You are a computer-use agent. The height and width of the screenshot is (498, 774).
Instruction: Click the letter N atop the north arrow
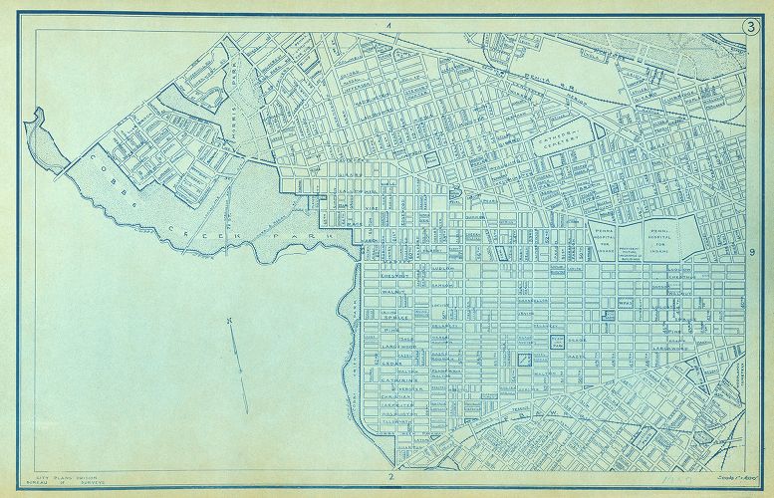pos(228,320)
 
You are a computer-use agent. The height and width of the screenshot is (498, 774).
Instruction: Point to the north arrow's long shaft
pos(237,354)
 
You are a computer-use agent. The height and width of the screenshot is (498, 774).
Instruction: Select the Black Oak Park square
pos(557,344)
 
